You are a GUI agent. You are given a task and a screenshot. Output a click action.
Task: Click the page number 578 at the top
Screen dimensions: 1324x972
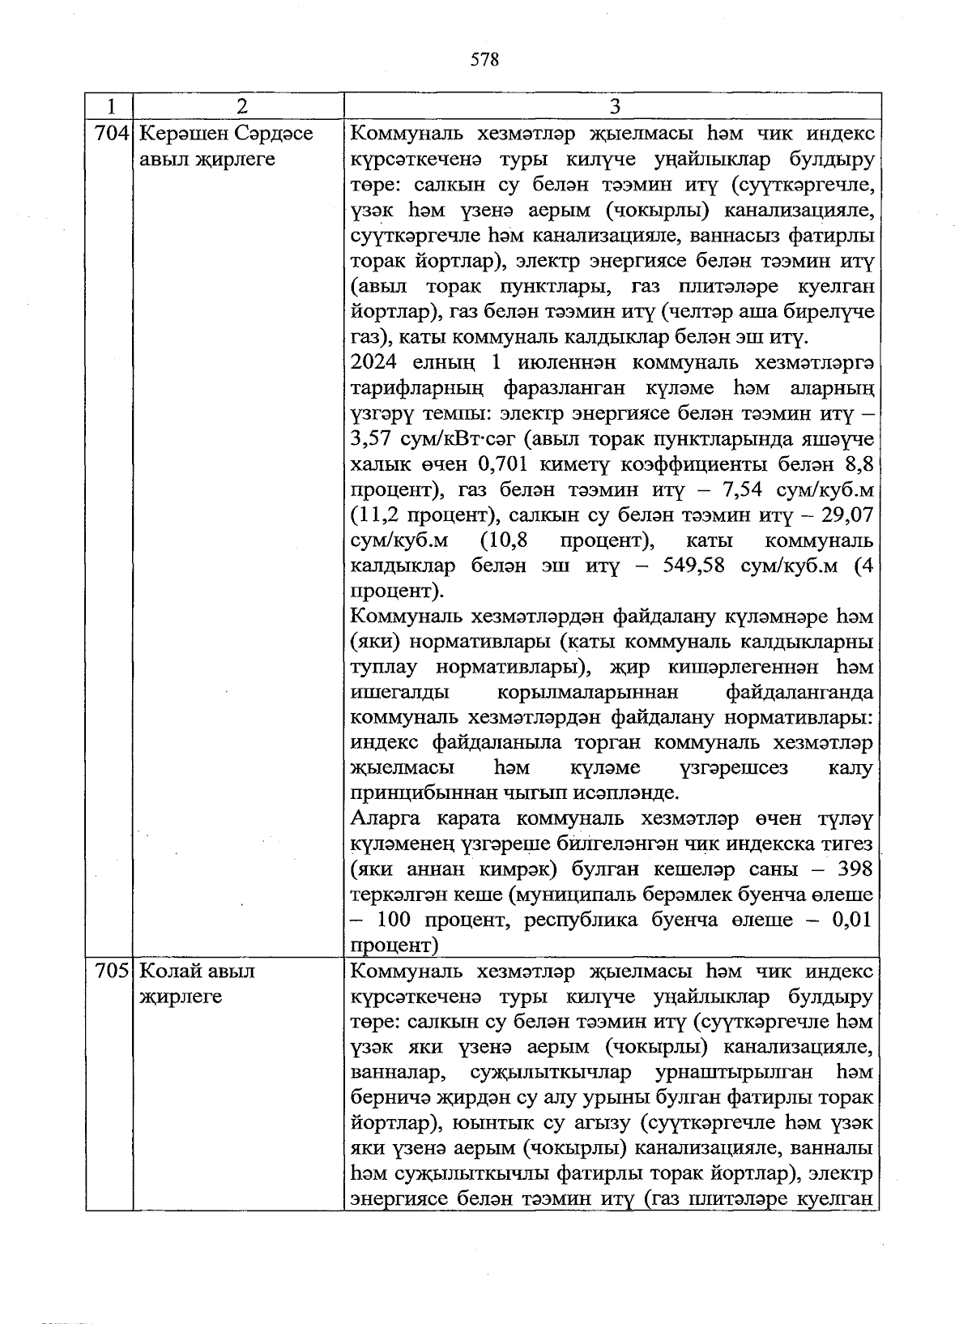(x=484, y=60)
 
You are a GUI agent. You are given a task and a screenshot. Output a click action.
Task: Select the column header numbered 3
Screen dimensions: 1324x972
(x=613, y=107)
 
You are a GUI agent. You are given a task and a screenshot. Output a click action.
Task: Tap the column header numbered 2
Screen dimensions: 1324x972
(x=239, y=107)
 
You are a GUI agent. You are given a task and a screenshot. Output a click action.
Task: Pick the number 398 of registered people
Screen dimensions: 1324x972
(x=854, y=869)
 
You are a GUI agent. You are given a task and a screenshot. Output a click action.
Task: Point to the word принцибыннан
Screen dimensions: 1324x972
(x=411, y=792)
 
